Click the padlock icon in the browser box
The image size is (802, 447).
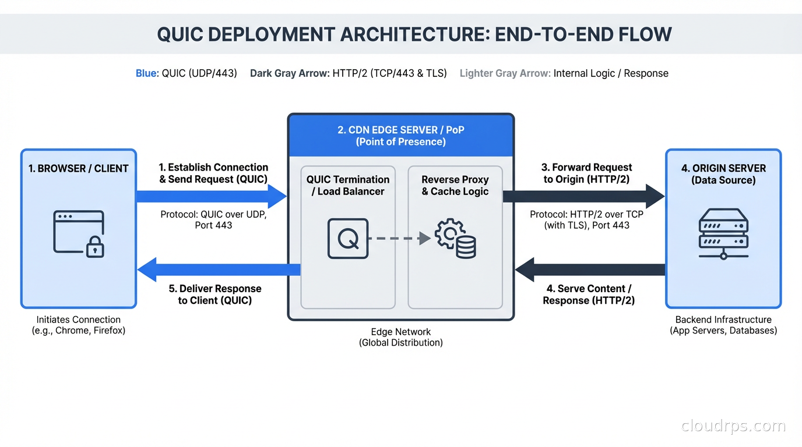(95, 247)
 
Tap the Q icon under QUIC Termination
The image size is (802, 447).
(348, 238)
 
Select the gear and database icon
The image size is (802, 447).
(456, 238)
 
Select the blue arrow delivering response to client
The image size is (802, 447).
(219, 269)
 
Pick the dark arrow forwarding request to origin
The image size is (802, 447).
(583, 197)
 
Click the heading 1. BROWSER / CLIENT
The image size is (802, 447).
(79, 169)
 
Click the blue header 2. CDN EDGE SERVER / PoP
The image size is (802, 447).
(401, 136)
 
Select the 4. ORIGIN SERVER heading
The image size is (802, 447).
(723, 174)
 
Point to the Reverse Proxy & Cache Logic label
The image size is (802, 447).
(455, 185)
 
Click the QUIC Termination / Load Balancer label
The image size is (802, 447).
(348, 185)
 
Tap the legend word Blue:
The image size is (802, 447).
(147, 73)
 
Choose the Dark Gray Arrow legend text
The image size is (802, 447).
(290, 73)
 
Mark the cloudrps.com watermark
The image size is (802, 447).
(733, 426)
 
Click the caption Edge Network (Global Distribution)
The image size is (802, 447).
(401, 337)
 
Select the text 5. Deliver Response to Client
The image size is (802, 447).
(215, 295)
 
